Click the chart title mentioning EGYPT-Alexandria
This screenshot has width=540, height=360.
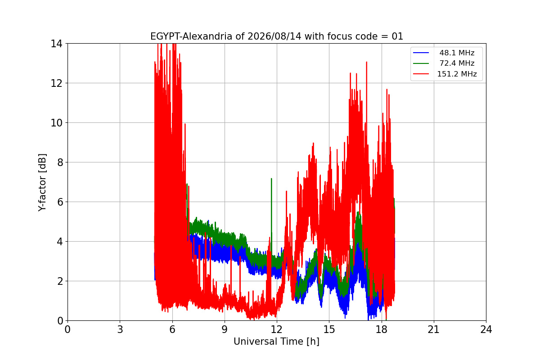pyautogui.click(x=276, y=36)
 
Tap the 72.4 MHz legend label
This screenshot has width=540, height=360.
pyautogui.click(x=457, y=63)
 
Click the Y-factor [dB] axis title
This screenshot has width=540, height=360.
pyautogui.click(x=42, y=183)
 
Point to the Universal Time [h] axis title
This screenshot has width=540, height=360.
pyautogui.click(x=276, y=342)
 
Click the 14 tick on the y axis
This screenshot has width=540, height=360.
pyautogui.click(x=56, y=44)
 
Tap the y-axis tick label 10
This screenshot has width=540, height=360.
pyautogui.click(x=56, y=123)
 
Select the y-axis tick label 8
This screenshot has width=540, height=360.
pyautogui.click(x=60, y=162)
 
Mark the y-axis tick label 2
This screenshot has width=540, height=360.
pyautogui.click(x=60, y=281)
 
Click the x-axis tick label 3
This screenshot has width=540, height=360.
pyautogui.click(x=120, y=329)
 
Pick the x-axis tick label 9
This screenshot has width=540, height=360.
pyautogui.click(x=225, y=329)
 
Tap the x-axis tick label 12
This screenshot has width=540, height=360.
pyautogui.click(x=277, y=329)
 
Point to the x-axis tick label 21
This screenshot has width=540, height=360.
pyautogui.click(x=434, y=329)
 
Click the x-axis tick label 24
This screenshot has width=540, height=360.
pyautogui.click(x=486, y=329)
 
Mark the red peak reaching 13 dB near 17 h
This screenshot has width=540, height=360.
pyautogui.click(x=366, y=62)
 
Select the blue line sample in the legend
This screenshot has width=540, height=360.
pyautogui.click(x=421, y=53)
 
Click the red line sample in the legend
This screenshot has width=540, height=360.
pyautogui.click(x=421, y=74)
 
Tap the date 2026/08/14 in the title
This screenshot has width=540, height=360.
pyautogui.click(x=274, y=36)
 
